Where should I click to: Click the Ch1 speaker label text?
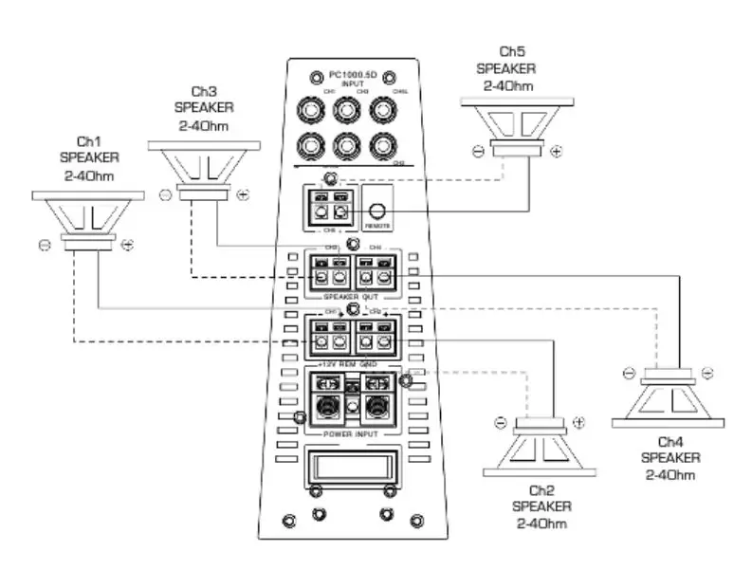[89, 157]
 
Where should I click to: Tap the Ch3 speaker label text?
[203, 108]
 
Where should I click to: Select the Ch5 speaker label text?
[505, 68]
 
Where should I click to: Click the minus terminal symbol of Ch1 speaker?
[45, 245]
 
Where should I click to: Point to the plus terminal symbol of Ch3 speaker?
[243, 194]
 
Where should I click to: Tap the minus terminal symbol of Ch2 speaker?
[499, 423]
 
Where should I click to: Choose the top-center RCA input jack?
[347, 110]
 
